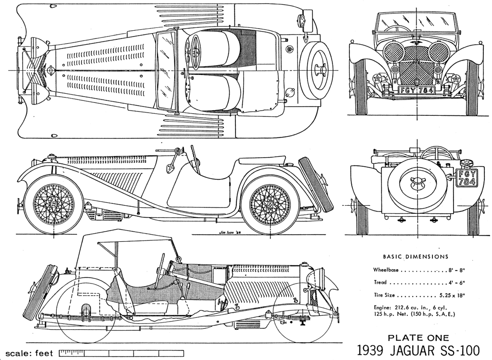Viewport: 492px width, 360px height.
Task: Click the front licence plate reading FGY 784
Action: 417,90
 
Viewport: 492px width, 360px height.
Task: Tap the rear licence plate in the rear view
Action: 467,178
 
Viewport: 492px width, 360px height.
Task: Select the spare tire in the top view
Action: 318,69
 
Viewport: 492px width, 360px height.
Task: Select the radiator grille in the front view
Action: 417,72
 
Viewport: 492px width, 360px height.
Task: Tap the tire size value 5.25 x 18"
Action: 453,295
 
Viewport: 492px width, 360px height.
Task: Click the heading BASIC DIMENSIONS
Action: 415,257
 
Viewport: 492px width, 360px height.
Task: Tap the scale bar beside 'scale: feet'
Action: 121,353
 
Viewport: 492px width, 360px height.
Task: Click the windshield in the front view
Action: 416,23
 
